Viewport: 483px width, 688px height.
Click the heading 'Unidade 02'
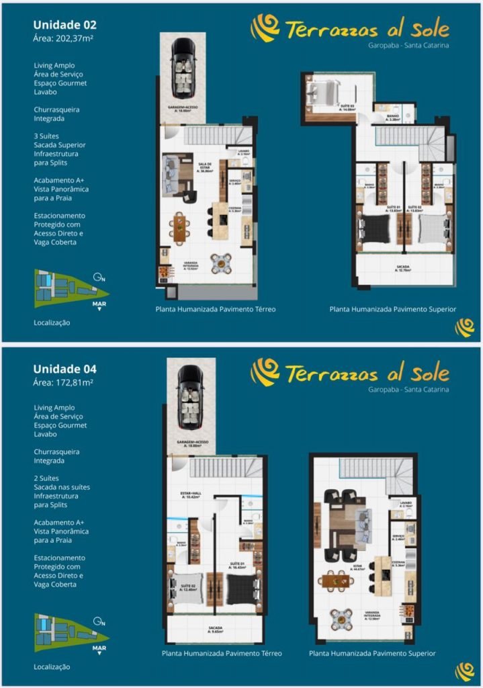click(x=65, y=25)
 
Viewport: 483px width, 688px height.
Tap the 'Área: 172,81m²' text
click(x=63, y=382)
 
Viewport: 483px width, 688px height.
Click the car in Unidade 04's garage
click(x=191, y=396)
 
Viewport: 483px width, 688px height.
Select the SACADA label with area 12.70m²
click(x=402, y=267)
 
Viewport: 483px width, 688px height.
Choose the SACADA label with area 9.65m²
click(x=214, y=630)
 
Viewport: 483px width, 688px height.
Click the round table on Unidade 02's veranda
click(x=221, y=263)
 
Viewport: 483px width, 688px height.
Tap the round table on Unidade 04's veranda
click(x=341, y=619)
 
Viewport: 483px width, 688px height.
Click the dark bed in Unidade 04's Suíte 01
click(x=240, y=589)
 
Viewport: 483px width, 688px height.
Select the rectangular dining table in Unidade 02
click(x=179, y=227)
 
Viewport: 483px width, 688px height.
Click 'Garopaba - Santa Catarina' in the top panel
click(x=408, y=46)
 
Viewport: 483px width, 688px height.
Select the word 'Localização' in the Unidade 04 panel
click(x=52, y=666)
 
